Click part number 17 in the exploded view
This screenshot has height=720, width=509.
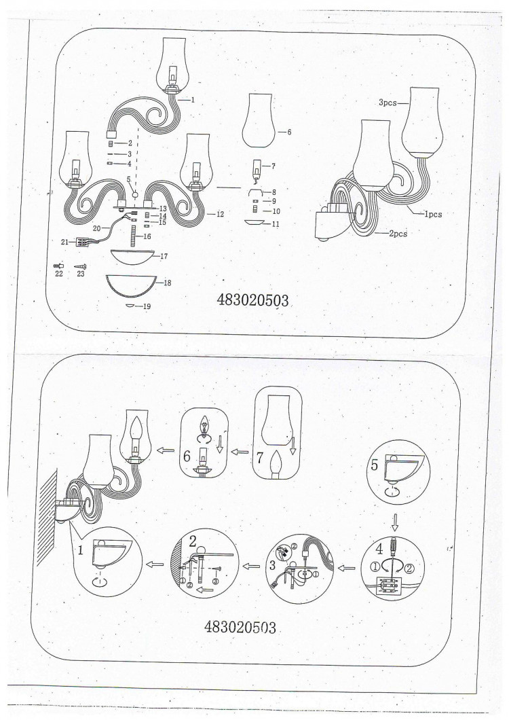164,257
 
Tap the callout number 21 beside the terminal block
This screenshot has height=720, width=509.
64,242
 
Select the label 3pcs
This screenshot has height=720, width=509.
388,103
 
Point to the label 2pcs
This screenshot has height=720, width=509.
398,234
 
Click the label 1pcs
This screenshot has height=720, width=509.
433,214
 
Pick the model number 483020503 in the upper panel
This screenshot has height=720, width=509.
253,300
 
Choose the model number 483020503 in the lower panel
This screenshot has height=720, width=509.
240,627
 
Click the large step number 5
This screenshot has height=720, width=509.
375,465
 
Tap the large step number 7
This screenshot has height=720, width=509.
260,457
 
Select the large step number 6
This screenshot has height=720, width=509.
187,456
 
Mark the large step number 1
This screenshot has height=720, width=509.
81,550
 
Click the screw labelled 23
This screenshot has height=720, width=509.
80,266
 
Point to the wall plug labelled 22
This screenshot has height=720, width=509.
58,266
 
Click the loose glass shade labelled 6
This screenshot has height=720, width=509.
259,120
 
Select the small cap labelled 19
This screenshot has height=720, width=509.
131,306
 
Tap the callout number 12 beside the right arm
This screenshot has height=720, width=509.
220,215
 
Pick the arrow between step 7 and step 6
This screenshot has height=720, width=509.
240,452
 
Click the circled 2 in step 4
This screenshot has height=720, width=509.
409,568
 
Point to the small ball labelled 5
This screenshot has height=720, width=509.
135,195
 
